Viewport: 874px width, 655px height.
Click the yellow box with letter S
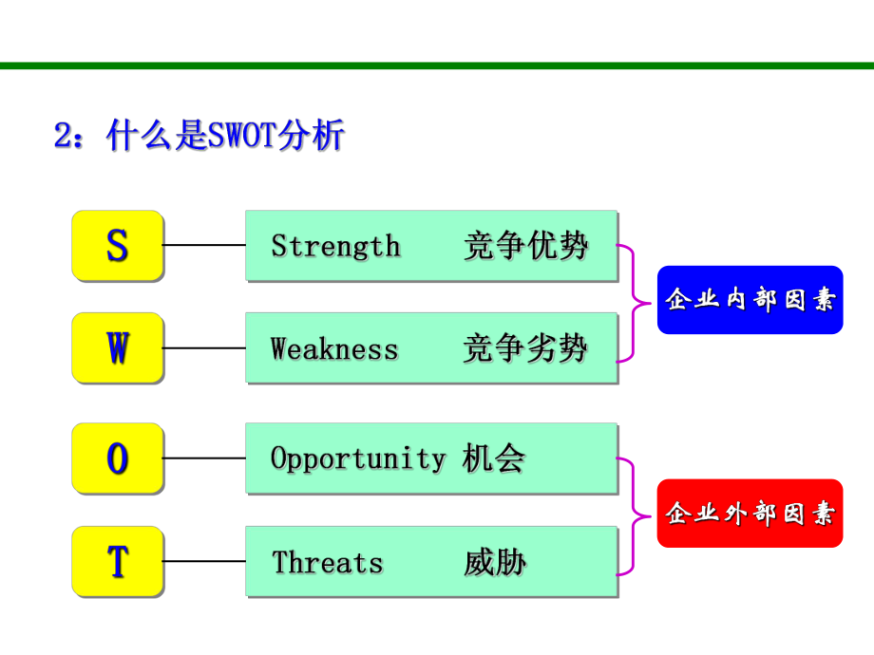tap(117, 245)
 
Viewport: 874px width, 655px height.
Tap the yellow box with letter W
tap(117, 348)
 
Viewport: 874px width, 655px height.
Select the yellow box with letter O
tap(117, 458)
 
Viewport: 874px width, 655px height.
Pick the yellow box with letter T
tap(117, 561)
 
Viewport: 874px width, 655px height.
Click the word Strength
tap(335, 246)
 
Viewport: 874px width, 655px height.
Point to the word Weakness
tap(334, 349)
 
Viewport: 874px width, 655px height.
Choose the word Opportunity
tap(357, 458)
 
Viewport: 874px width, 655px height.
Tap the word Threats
tap(328, 562)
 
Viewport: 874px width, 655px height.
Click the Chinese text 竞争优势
tap(525, 246)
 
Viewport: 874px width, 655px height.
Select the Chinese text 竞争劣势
tap(525, 349)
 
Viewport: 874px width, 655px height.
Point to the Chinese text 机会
tap(494, 458)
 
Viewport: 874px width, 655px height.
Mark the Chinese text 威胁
tap(494, 562)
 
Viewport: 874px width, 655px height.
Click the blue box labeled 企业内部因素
tap(750, 300)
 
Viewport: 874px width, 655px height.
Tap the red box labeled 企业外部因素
tap(750, 514)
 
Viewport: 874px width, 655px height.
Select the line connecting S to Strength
tap(204, 245)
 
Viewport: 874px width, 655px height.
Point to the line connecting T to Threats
tap(204, 561)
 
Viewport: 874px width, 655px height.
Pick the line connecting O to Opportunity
tap(204, 458)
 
